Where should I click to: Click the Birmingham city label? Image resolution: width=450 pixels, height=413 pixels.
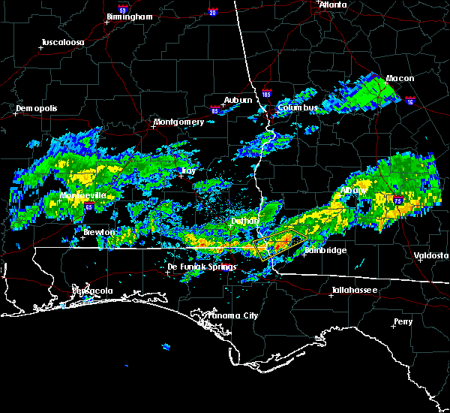[130, 16]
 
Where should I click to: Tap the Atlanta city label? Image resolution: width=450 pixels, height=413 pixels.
[333, 5]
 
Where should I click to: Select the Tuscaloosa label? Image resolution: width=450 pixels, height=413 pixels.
[63, 42]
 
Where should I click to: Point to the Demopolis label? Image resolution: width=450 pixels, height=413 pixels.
[37, 108]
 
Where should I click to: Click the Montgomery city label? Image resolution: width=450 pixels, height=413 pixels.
[178, 122]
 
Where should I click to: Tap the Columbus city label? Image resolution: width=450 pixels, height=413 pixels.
[298, 107]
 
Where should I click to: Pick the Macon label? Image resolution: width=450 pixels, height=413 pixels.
[400, 78]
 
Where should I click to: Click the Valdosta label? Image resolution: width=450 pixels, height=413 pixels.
[431, 255]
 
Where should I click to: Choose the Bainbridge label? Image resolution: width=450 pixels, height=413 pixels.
[325, 250]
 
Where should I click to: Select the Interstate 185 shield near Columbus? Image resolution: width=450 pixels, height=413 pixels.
[266, 94]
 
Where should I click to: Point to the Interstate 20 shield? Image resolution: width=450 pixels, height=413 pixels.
[212, 13]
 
